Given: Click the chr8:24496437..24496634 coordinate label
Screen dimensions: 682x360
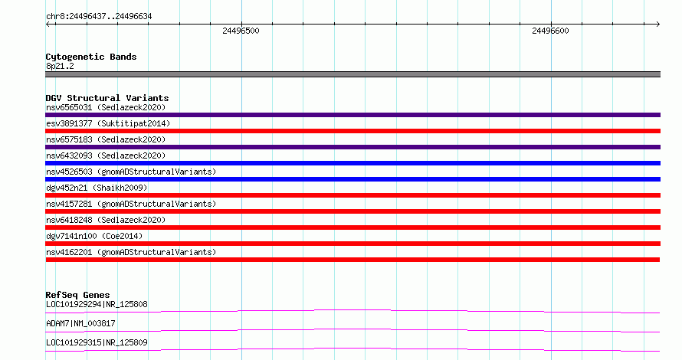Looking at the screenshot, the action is [99, 17].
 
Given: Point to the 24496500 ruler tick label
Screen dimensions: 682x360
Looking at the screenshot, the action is [241, 31].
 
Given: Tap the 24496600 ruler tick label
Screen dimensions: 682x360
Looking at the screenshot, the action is [550, 31].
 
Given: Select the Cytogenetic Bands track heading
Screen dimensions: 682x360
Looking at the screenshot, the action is [91, 57].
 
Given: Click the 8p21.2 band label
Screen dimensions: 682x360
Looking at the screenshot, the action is [60, 66].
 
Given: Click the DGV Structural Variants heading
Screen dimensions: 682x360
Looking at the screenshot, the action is [107, 98].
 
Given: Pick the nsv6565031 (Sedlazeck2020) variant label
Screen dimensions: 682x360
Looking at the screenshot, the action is [106, 107].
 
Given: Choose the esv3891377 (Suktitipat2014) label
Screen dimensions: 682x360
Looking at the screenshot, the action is [108, 123].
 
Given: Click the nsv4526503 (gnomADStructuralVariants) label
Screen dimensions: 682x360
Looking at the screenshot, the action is [131, 172].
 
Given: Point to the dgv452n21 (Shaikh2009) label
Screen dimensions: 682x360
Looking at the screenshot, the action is [97, 188].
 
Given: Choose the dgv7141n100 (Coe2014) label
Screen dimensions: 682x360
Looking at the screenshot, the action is [94, 236].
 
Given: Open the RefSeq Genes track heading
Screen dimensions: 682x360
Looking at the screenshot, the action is [77, 295].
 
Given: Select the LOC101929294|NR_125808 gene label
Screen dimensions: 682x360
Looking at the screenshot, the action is [97, 304].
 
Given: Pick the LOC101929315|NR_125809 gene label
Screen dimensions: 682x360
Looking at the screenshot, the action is [97, 342].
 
